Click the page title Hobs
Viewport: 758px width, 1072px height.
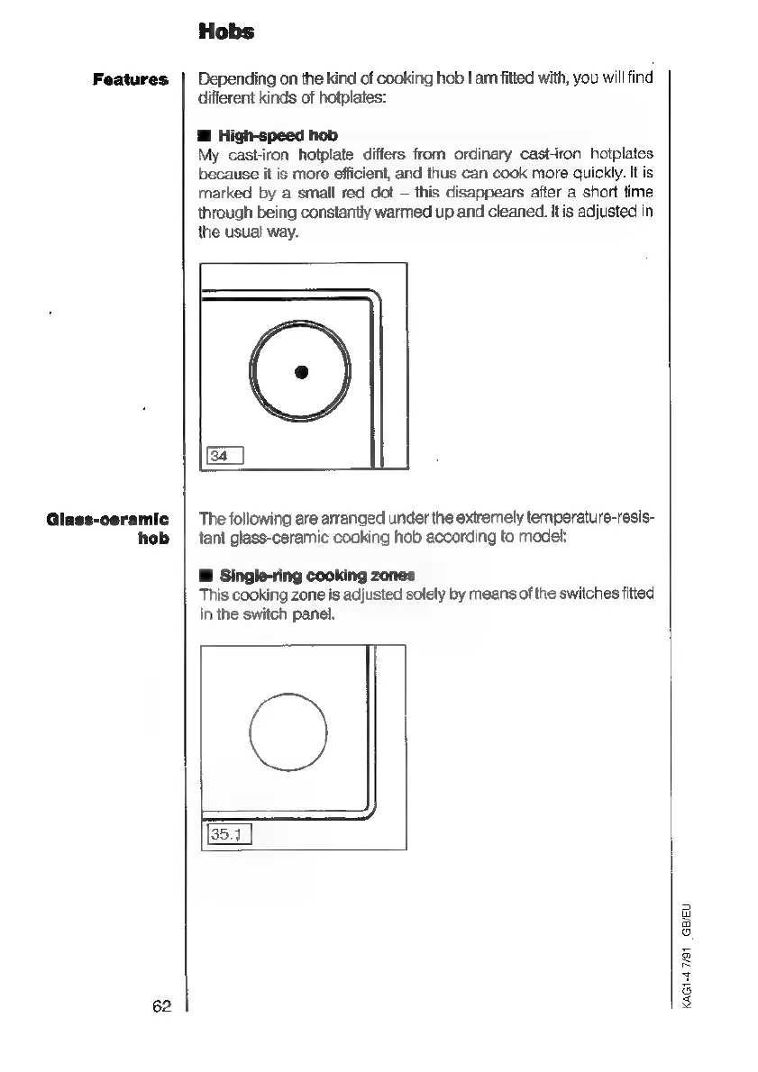click(226, 32)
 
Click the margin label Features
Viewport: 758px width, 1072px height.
click(131, 80)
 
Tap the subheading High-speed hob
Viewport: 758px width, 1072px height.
click(278, 136)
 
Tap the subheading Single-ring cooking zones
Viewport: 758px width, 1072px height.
click(316, 576)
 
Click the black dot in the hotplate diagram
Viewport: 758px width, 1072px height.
click(302, 372)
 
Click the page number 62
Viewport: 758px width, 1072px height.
click(161, 1007)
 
